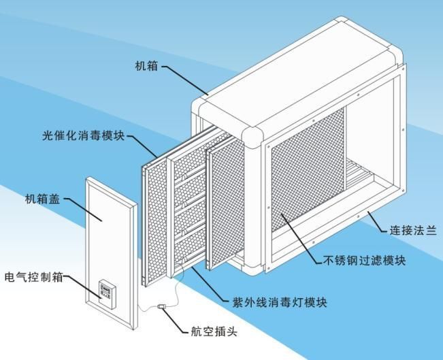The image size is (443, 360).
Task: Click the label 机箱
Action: click(147, 66)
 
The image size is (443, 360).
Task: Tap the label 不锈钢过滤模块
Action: click(365, 261)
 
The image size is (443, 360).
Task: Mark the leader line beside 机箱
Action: click(184, 79)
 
